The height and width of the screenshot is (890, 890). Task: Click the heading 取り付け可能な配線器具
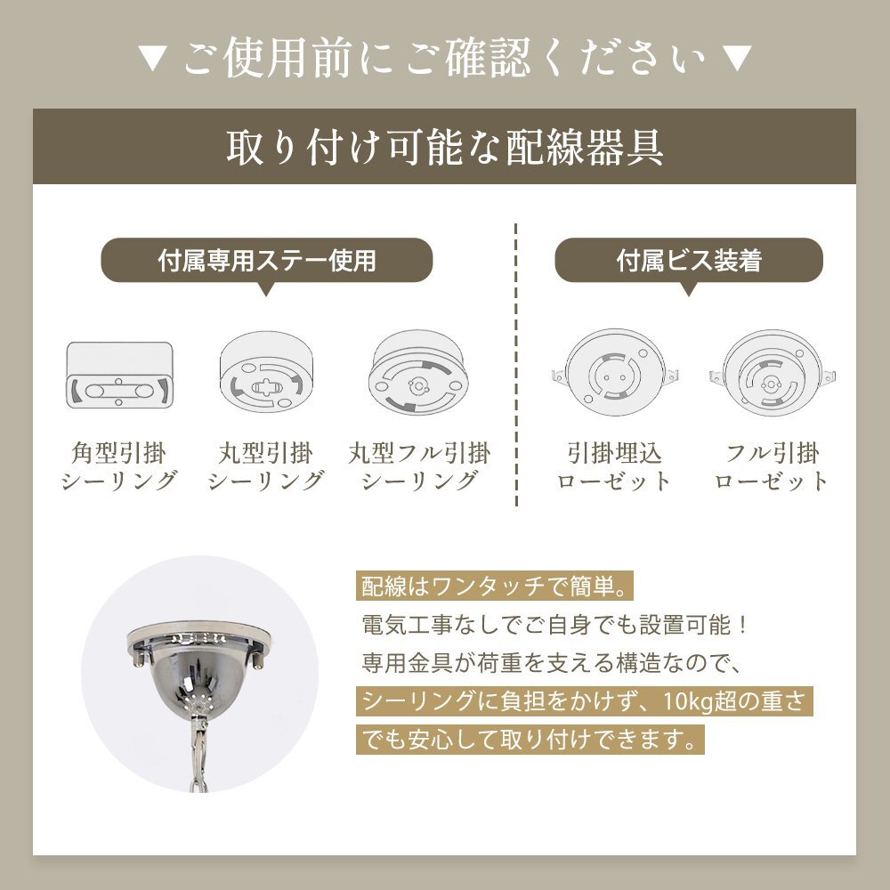[445, 148]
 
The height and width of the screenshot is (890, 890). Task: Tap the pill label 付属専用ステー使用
[267, 260]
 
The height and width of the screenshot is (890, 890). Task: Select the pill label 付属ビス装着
[689, 260]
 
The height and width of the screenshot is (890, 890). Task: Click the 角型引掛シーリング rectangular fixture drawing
[120, 374]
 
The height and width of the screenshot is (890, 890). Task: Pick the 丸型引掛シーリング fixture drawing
[266, 372]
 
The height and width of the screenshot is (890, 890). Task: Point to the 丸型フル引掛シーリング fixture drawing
[419, 372]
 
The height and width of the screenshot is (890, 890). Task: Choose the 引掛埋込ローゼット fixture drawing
[615, 373]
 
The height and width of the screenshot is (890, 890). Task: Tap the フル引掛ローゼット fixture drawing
[772, 373]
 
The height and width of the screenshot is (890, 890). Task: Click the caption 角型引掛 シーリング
[119, 466]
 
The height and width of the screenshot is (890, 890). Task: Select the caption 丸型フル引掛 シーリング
[419, 466]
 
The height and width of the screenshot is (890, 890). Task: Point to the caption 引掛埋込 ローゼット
[615, 466]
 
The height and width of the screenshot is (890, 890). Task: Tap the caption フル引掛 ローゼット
[772, 466]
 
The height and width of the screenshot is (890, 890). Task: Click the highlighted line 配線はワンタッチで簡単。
[494, 587]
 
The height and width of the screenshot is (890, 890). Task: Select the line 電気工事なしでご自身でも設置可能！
[555, 625]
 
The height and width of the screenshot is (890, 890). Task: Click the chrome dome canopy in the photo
[198, 664]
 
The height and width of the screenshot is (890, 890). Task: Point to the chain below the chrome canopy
[198, 750]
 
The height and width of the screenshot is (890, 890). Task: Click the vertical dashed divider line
[516, 364]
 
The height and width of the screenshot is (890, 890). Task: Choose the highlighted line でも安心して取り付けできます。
[530, 740]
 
